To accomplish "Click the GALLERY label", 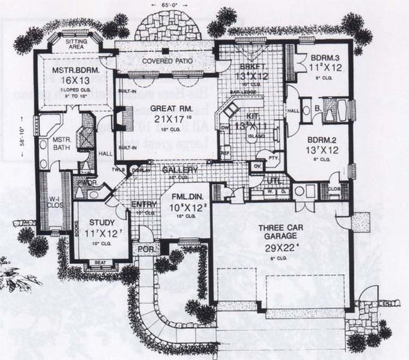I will pyautogui.click(x=180, y=169).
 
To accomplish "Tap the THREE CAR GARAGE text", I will pyautogui.click(x=282, y=232).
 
